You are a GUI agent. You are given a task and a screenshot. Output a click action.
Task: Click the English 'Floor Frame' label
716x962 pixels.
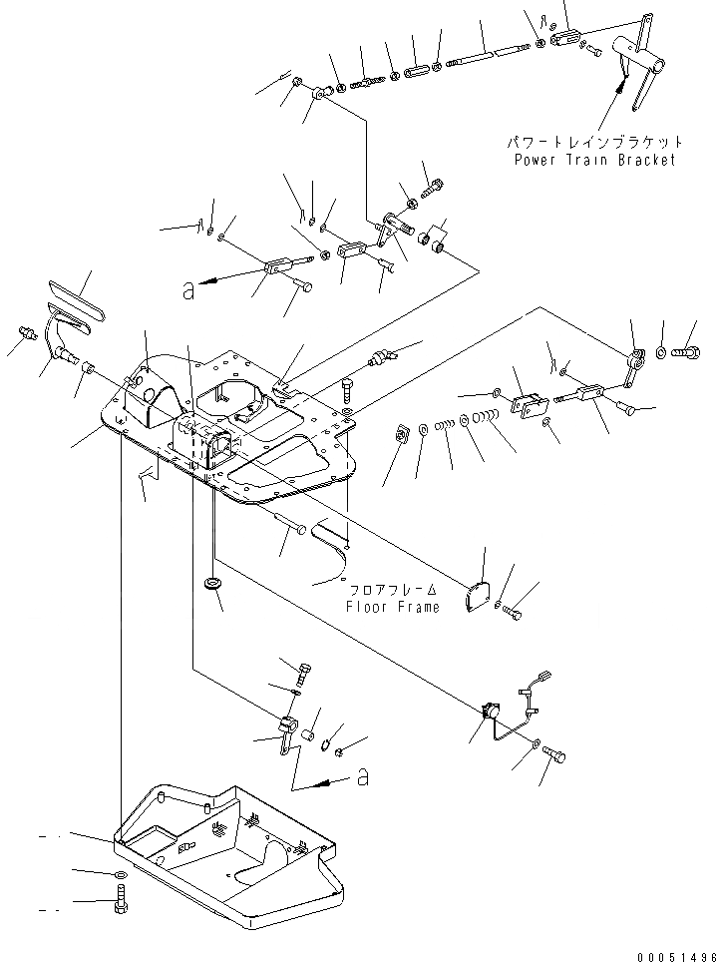pyautogui.click(x=392, y=606)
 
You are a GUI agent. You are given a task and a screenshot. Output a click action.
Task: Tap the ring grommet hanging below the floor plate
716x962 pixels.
pyautogui.click(x=211, y=582)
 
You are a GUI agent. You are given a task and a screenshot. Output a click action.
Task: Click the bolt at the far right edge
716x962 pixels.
pyautogui.click(x=687, y=352)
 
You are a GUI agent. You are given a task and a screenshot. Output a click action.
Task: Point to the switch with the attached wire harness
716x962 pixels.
pyautogui.click(x=490, y=712)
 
